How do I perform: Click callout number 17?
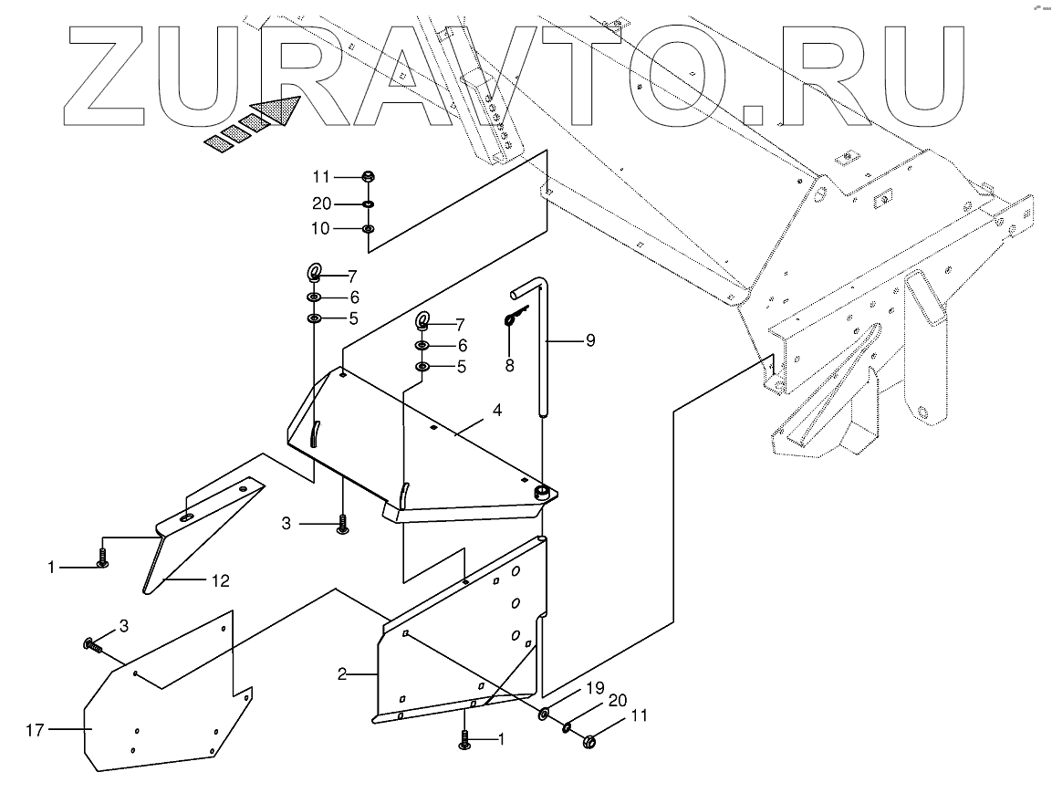coord(36,729)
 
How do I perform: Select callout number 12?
coord(220,579)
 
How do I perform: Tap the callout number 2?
coord(341,675)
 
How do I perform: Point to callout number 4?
coord(496,411)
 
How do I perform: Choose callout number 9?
coord(589,340)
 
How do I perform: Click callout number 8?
coord(509,365)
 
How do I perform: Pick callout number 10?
coord(320,227)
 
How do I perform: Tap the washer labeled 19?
coord(544,713)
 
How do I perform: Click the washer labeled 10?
coord(368,229)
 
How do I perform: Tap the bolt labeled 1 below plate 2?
coord(465,742)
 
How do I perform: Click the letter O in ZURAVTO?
coord(674,81)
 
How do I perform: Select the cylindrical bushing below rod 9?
coord(545,494)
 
